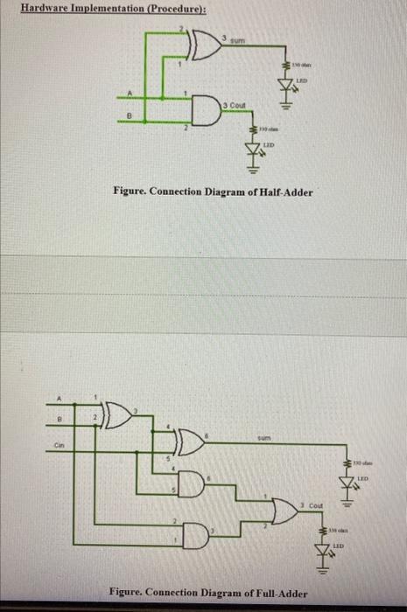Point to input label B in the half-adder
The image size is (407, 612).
(132, 113)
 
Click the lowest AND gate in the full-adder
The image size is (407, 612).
(195, 533)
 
